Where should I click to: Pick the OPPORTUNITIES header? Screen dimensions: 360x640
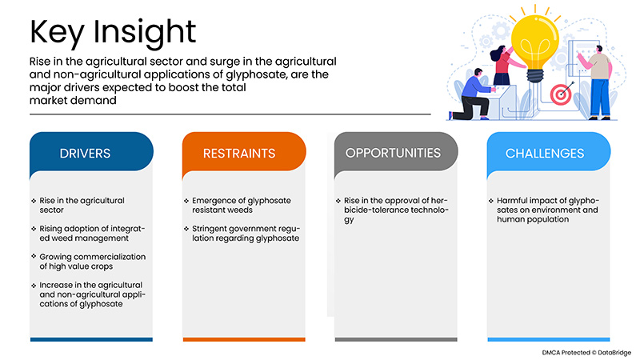[393, 152]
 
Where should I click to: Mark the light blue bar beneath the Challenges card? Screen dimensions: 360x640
[549, 340]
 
